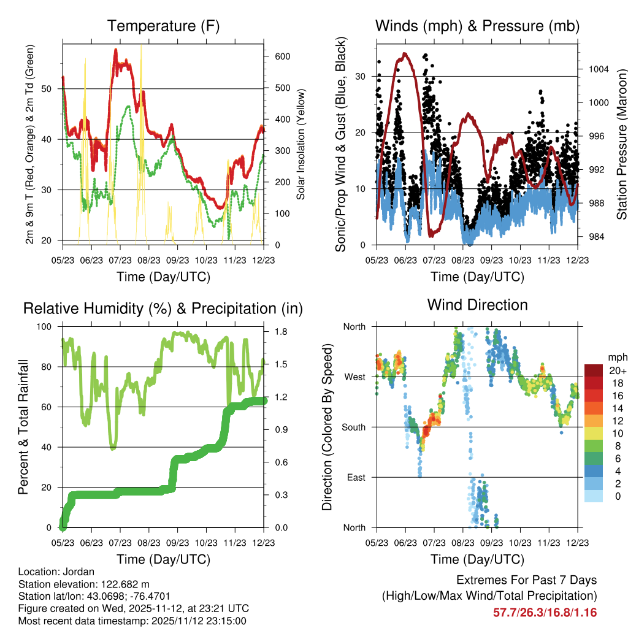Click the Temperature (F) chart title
pos(163,26)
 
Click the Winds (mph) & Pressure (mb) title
pos(477,26)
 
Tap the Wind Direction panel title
pos(477,305)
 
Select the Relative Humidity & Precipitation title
pos(163,308)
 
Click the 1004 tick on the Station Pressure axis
pos(597,69)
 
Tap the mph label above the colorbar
pos(616,357)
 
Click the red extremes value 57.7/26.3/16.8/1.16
pos(545,613)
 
